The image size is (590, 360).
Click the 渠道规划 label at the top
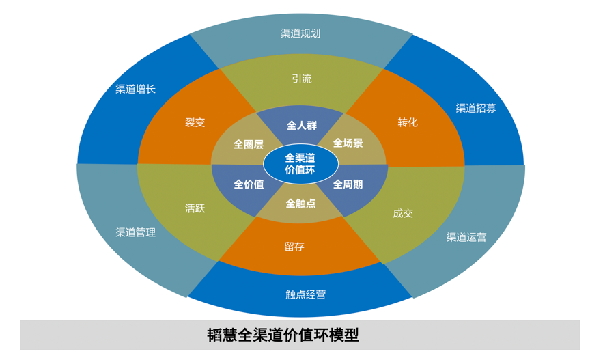tap(300, 33)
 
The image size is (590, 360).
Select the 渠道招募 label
tap(476, 108)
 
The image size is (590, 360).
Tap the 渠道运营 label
tap(466, 237)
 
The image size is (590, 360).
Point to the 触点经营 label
tap(305, 294)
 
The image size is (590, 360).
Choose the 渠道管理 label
tap(135, 232)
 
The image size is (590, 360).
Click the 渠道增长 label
tap(135, 89)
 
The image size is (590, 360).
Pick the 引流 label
tap(301, 79)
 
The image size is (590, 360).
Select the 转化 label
tap(408, 122)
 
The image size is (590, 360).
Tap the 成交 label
tap(403, 213)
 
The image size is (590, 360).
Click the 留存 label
tap(294, 247)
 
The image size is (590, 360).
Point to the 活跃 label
tap(195, 208)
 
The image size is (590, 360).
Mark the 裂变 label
tap(195, 122)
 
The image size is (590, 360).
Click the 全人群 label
tap(301, 126)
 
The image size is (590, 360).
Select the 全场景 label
tap(348, 143)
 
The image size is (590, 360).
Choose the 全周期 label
tap(348, 184)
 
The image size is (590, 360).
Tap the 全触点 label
tap(300, 203)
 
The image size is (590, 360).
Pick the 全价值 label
tap(249, 184)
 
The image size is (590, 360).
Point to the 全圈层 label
tap(249, 144)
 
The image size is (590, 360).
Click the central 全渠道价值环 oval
tap(300, 164)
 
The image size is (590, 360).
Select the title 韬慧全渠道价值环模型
tap(283, 335)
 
